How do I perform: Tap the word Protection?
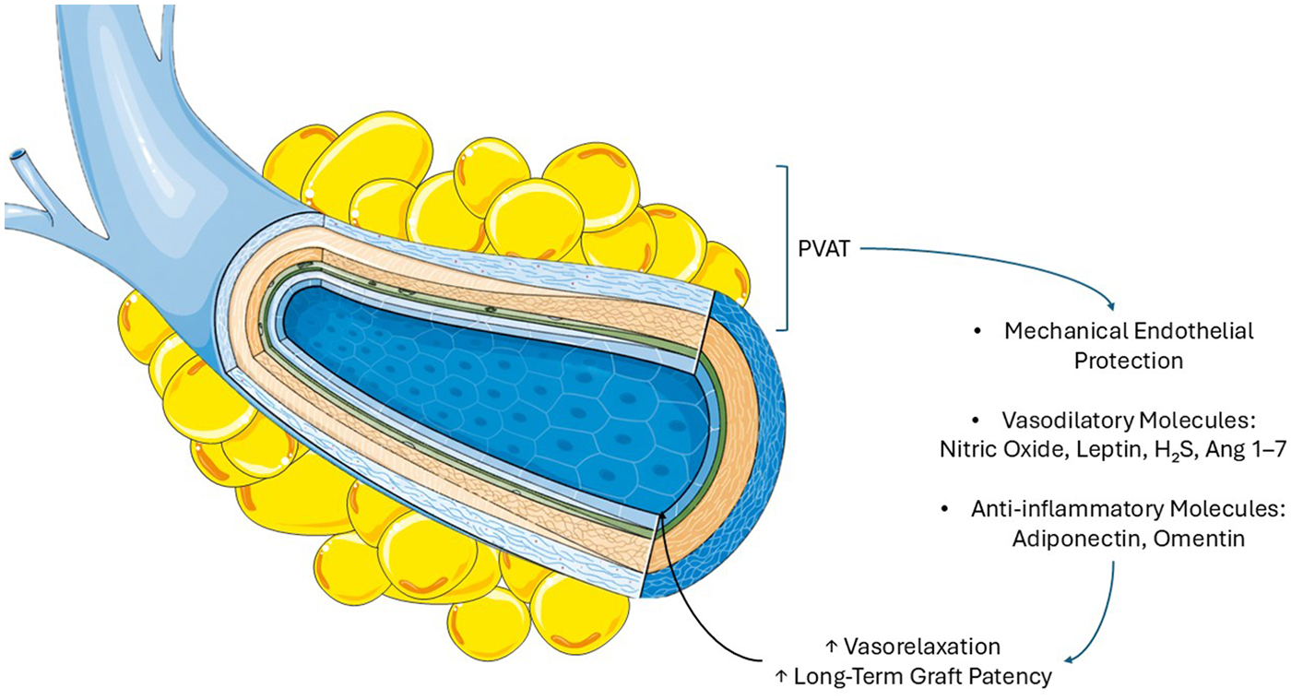click(1128, 361)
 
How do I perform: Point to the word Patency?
click(1011, 676)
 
